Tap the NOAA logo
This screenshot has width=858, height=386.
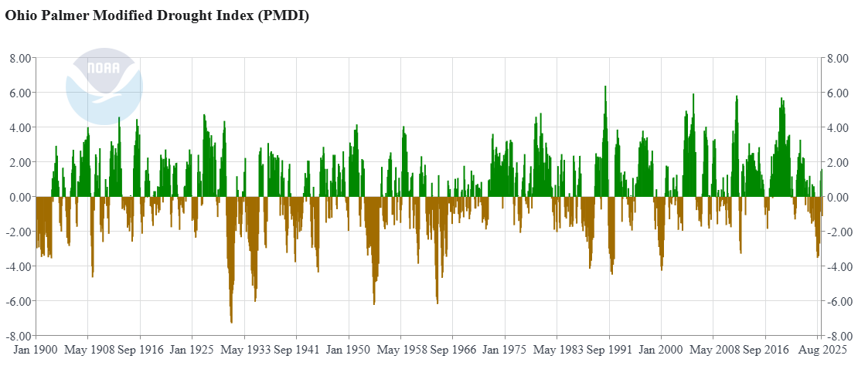[104, 86]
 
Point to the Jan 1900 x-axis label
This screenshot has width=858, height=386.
[36, 350]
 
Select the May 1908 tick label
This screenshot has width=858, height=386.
[87, 350]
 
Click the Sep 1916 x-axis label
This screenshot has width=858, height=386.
[140, 350]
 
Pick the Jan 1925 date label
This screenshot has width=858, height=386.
[192, 350]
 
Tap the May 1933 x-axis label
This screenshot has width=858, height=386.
[244, 350]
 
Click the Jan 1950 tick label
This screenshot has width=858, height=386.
[348, 350]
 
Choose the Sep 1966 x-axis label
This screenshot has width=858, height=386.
[452, 350]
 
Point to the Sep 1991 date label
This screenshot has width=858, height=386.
[608, 350]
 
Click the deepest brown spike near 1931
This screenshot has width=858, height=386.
[231, 320]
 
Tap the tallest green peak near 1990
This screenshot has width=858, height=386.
[605, 87]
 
